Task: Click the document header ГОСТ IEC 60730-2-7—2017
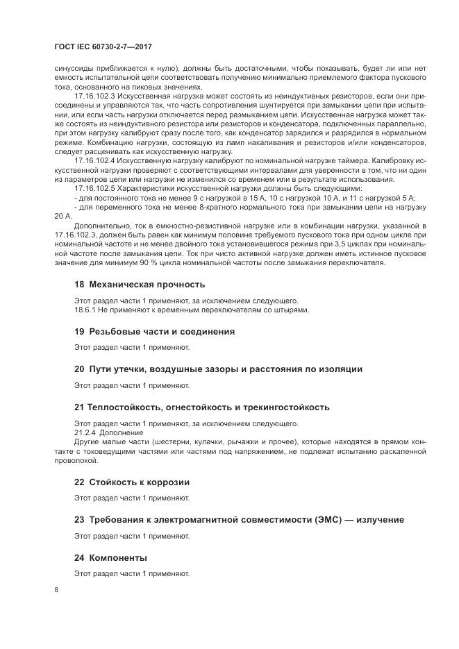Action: click(102, 47)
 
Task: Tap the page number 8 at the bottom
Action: click(56, 589)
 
